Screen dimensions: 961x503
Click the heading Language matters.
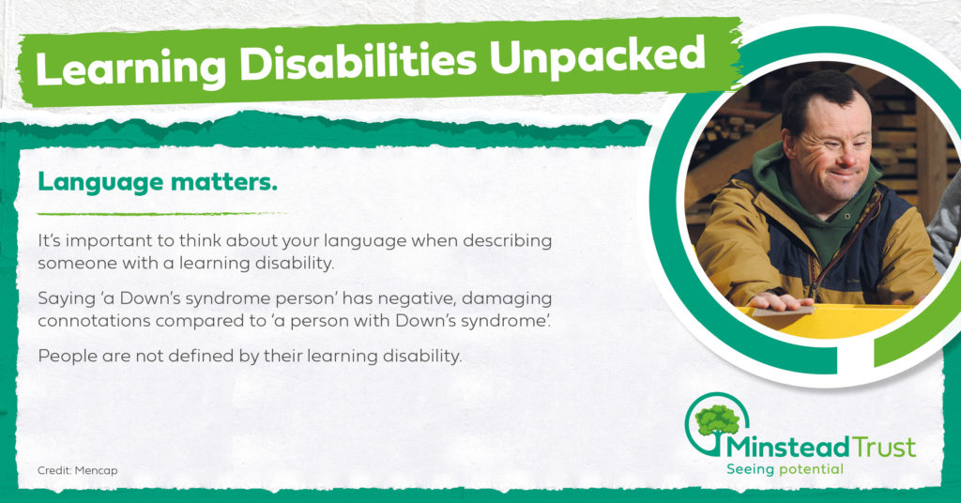(x=158, y=182)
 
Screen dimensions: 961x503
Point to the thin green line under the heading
(x=162, y=213)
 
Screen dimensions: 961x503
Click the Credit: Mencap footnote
(x=77, y=470)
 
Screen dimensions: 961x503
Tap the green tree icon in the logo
(x=716, y=421)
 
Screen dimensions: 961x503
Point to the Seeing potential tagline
(x=786, y=469)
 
